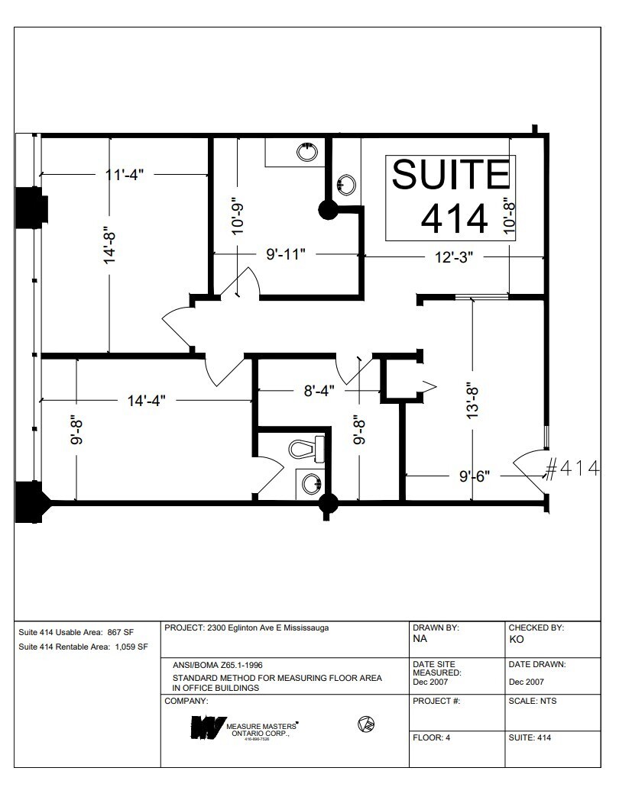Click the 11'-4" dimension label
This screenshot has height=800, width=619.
pos(125,174)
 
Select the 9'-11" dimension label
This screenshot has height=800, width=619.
pos(286,254)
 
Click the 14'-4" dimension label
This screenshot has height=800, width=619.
pos(147,400)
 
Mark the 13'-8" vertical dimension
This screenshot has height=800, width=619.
pos(474,399)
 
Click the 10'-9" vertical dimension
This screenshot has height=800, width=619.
pos(237,216)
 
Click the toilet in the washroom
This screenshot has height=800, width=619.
pos(307,448)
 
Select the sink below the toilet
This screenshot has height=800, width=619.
pos(310,482)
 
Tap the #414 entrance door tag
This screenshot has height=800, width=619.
pos(578,469)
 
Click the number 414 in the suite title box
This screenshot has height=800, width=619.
pos(454,219)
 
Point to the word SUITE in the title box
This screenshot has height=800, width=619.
pos(450,175)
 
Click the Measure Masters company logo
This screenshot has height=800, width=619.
pos(245,727)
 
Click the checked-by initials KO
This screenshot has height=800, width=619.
pos(517,640)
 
